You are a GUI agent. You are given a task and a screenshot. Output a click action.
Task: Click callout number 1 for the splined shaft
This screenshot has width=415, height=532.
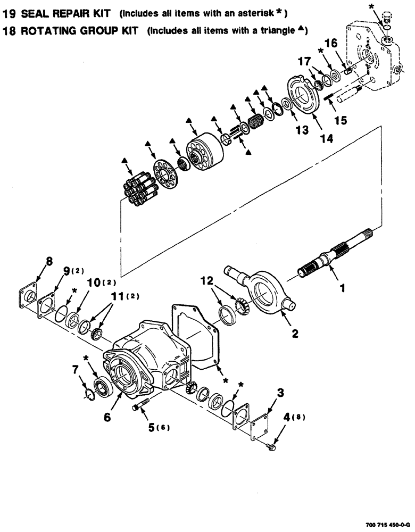click(x=342, y=289)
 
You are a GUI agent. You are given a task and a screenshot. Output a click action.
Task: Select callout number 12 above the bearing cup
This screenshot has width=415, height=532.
click(x=206, y=280)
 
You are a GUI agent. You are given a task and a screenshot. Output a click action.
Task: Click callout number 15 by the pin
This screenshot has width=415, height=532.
click(x=341, y=121)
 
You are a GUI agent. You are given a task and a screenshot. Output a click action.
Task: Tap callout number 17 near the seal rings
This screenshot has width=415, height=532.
click(x=303, y=62)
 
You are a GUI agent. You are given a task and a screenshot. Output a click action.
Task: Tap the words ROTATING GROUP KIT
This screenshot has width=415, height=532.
click(x=77, y=31)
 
